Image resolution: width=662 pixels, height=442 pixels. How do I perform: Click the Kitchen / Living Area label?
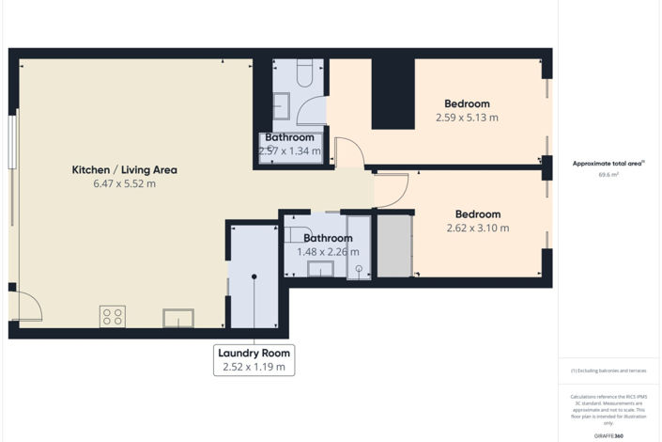click(x=125, y=170)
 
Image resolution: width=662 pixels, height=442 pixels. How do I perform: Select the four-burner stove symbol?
click(x=113, y=317)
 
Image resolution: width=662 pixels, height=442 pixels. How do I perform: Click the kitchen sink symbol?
click(x=178, y=318)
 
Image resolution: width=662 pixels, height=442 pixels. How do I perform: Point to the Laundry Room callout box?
click(x=254, y=360)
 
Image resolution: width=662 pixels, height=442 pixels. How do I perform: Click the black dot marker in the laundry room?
click(x=254, y=276)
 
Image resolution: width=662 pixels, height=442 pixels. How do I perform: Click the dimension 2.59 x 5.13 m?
click(x=467, y=118)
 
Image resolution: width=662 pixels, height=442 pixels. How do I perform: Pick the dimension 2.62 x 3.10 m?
click(x=478, y=229)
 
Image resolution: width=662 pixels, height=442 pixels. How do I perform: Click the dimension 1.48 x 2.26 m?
click(x=328, y=251)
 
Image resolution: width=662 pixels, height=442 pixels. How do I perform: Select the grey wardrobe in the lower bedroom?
click(x=394, y=245)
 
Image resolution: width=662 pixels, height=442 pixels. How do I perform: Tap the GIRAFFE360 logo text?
click(x=608, y=436)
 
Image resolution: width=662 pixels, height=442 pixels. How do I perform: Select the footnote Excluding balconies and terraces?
click(x=608, y=371)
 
